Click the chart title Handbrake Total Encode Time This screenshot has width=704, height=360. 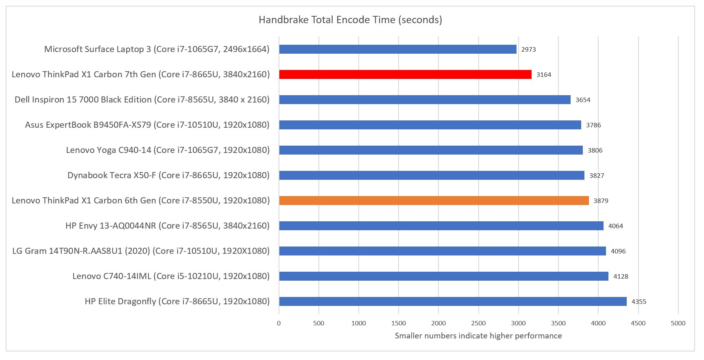[x=350, y=20]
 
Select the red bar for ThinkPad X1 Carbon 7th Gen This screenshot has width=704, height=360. [x=405, y=74]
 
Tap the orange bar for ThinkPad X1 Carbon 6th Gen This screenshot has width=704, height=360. [x=434, y=201]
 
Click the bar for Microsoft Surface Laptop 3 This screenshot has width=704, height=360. [x=397, y=49]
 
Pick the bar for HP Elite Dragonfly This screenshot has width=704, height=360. [x=453, y=301]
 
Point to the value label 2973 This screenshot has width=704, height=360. [x=528, y=50]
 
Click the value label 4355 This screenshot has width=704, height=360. [x=639, y=302]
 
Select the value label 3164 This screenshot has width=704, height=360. [x=544, y=75]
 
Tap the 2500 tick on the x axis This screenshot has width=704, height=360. [x=478, y=323]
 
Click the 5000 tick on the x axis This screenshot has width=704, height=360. [x=678, y=323]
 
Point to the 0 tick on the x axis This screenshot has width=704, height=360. [x=279, y=323]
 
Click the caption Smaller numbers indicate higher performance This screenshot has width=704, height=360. [x=478, y=336]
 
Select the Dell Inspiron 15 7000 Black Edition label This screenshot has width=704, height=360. [x=142, y=100]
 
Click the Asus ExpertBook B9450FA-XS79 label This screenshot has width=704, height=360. [x=147, y=125]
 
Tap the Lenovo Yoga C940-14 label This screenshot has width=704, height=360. [x=168, y=150]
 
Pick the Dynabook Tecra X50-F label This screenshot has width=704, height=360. [x=168, y=175]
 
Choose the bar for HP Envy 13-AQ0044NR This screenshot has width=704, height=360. [x=441, y=226]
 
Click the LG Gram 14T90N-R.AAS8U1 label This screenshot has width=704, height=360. [x=141, y=251]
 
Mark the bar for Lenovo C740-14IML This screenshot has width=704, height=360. [x=443, y=276]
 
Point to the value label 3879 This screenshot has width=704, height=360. [x=601, y=201]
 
